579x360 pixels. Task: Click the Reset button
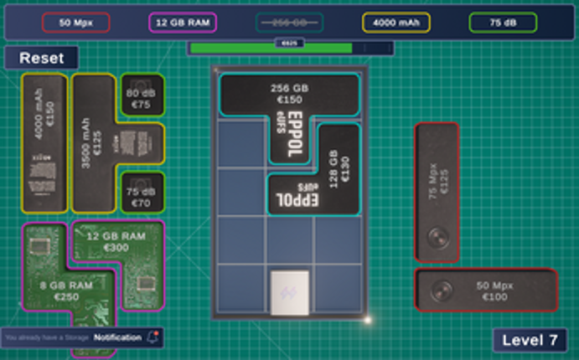coord(41,58)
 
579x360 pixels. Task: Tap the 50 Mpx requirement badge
coord(75,23)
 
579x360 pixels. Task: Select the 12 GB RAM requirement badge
coord(183,23)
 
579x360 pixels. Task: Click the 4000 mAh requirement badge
coord(396,23)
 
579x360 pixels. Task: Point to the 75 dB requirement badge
coord(503,23)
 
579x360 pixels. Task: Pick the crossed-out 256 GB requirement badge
coord(289,23)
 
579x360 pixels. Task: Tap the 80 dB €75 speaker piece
coord(142,98)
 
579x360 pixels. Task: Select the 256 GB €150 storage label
coord(289,93)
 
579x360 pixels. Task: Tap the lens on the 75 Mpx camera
coord(436,238)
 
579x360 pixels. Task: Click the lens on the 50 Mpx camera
coord(442,291)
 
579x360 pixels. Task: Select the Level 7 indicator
coord(530,340)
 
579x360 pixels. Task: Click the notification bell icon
coord(153,337)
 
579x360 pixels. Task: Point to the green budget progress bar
coord(271,49)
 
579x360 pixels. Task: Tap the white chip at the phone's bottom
coord(290,292)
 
